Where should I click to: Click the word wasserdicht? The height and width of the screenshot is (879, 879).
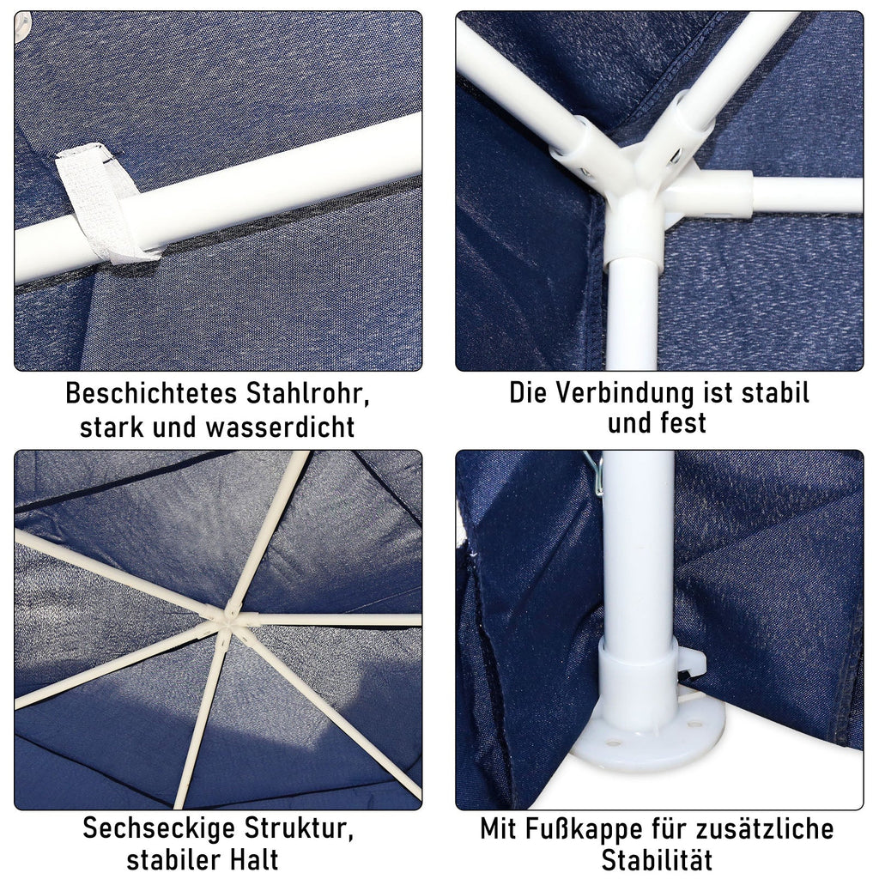tap(281, 427)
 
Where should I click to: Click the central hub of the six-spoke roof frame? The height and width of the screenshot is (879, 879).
tap(227, 621)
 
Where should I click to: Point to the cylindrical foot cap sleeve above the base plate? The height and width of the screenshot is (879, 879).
tap(640, 673)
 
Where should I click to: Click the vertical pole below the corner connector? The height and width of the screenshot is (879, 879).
tap(633, 317)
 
